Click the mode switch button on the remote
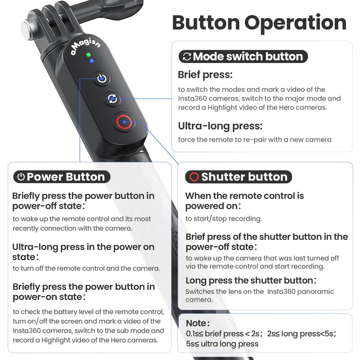tap(112, 99)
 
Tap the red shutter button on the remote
tap(123, 121)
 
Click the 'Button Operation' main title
tap(259, 22)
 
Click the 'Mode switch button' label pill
tap(243, 57)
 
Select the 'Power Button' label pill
tap(60, 177)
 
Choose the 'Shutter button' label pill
tap(238, 177)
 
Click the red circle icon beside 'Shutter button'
tap(194, 177)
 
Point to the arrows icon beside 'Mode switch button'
tap(186, 57)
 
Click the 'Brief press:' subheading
tap(205, 75)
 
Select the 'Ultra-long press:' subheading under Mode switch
tap(220, 126)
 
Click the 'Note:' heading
tap(198, 323)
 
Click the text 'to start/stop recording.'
tap(224, 219)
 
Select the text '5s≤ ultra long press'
tap(222, 344)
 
